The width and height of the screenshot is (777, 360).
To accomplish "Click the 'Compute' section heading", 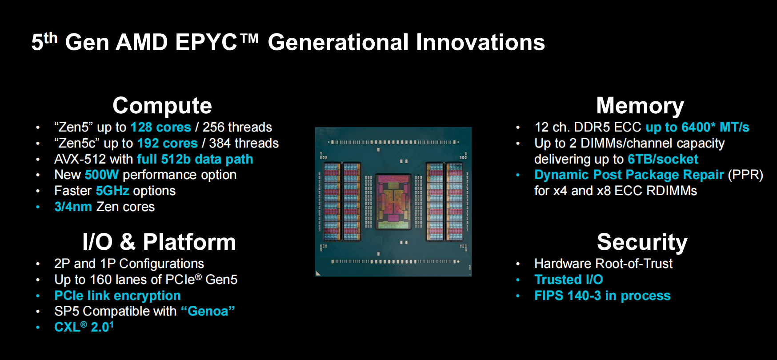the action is point(162,106).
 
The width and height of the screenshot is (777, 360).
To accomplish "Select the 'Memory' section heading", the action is point(640,106).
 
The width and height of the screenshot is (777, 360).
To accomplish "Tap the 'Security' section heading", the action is point(642,242).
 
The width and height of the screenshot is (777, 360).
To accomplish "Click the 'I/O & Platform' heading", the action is point(159,242).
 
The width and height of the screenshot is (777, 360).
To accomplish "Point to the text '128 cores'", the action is point(161,127).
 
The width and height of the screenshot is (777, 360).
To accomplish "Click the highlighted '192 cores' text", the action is point(168,143).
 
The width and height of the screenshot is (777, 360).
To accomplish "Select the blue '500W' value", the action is point(102,175).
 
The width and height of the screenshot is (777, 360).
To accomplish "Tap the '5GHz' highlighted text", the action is point(112,191).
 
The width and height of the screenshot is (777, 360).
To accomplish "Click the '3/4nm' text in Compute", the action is point(73,207).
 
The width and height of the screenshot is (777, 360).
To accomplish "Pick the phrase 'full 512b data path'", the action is point(195,159).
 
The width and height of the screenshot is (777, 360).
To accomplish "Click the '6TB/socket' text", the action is point(663,159).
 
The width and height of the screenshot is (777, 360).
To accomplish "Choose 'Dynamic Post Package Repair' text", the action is point(629,175).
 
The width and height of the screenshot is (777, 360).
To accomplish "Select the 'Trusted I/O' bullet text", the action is point(569,280).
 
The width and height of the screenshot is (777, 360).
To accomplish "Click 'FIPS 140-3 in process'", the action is point(602,296).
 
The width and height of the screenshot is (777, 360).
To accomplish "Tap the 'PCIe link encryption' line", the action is point(117,296).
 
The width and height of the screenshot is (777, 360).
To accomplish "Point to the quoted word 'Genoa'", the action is point(208,311).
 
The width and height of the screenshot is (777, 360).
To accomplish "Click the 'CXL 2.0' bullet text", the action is point(84,327).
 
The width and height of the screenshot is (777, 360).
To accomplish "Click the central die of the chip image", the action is point(393,201).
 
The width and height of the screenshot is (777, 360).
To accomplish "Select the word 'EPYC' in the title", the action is point(206,42).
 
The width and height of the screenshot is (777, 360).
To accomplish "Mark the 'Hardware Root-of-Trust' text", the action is point(603,264).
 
